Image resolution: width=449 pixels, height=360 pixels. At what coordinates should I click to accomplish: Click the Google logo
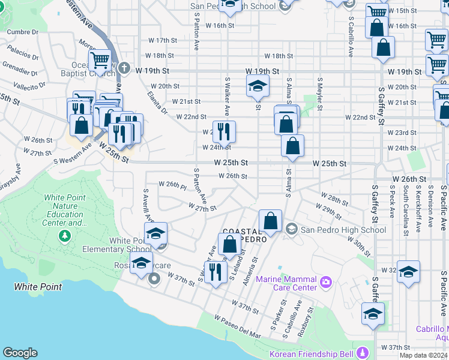tap(20, 353)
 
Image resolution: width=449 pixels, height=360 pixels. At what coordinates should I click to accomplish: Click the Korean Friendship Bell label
tap(312, 353)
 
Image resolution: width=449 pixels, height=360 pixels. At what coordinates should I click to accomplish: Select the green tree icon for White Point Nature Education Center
tap(65, 236)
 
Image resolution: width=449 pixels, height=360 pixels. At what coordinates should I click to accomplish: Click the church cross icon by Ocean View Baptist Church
tap(124, 68)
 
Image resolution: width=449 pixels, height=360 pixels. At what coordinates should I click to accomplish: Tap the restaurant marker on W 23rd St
tap(224, 132)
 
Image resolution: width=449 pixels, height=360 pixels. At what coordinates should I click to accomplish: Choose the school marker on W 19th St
tap(258, 87)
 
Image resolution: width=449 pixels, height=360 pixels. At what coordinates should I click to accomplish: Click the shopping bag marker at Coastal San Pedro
tap(271, 221)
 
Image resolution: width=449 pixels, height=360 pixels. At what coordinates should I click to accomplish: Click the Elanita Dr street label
tap(157, 102)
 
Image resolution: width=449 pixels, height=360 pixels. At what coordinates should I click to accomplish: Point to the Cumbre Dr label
tap(19, 32)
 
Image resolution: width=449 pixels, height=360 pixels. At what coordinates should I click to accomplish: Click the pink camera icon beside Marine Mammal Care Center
tap(325, 280)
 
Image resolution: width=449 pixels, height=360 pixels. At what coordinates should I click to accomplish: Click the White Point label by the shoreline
tap(38, 287)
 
